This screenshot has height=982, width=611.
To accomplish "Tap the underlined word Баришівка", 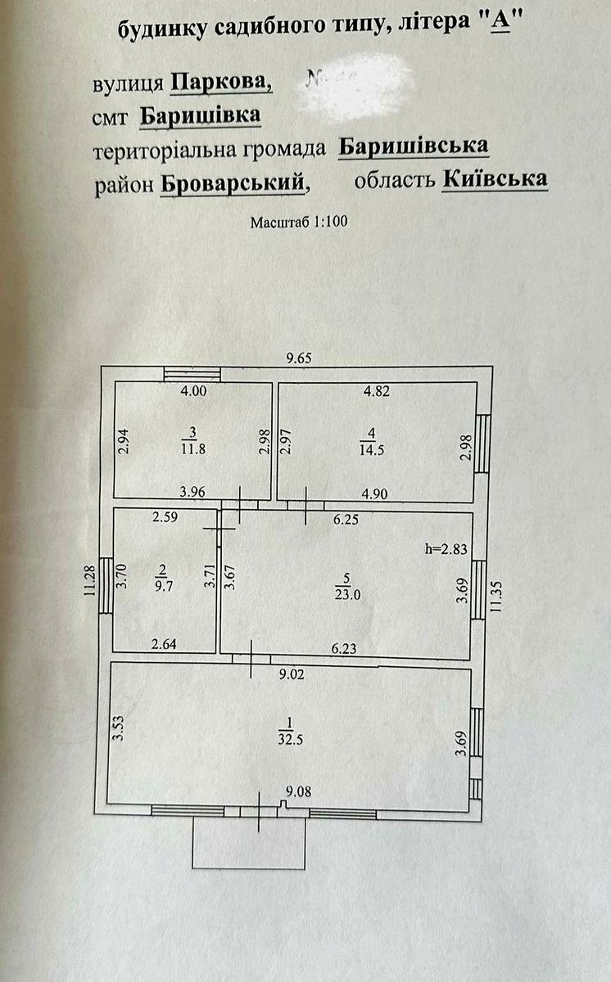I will coord(201,117).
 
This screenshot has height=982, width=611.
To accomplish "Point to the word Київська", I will coord(495,179).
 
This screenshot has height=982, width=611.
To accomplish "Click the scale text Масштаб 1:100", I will coord(300,221).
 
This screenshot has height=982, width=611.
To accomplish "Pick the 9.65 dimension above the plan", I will coord(299,358).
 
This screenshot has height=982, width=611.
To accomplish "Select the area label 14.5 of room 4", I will coord(369,448).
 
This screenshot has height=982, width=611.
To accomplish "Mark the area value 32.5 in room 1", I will coord(287,739).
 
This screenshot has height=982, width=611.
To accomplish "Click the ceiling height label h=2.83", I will coord(446,549).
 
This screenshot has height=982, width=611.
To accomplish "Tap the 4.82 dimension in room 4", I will coord(378,391).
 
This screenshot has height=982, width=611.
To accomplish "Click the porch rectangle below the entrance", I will coord(249,843).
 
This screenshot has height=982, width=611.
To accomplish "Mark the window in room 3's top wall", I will coord(192,374).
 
